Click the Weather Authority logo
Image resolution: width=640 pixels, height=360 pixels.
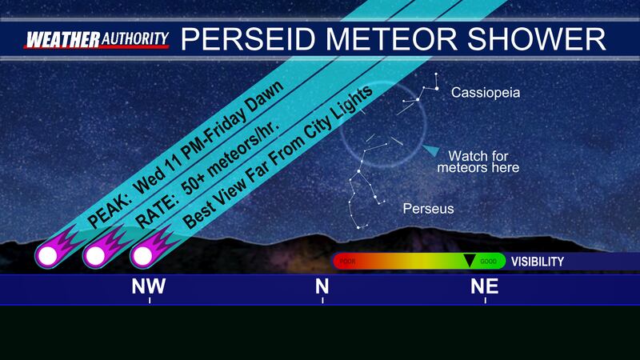tap(97, 39)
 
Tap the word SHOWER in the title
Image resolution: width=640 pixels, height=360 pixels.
tap(547, 38)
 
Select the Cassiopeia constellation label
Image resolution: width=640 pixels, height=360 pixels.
tap(486, 93)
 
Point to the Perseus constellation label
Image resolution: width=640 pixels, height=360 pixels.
tap(429, 209)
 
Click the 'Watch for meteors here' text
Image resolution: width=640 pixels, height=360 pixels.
tap(478, 162)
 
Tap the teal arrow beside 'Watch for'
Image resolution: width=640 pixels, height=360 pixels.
tap(430, 150)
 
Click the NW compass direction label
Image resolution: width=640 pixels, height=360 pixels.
tap(149, 286)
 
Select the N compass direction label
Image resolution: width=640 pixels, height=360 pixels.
tap(322, 286)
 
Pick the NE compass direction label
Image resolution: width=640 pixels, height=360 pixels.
tap(485, 286)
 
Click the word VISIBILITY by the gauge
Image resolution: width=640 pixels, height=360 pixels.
tap(538, 261)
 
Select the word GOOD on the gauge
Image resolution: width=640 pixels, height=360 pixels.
tap(487, 261)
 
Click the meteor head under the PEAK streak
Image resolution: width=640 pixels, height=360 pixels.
tap(47, 256)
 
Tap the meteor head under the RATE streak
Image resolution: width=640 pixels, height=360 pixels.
tap(95, 256)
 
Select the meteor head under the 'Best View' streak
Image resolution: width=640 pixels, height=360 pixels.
tap(142, 256)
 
